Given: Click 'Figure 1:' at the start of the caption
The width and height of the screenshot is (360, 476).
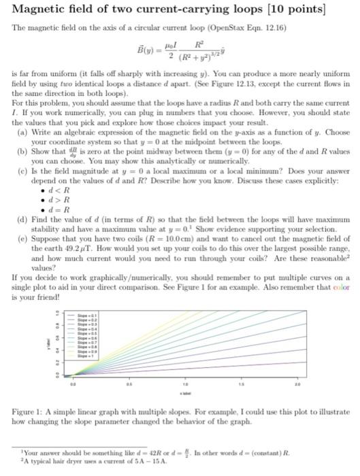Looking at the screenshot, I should click(x=30, y=413).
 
